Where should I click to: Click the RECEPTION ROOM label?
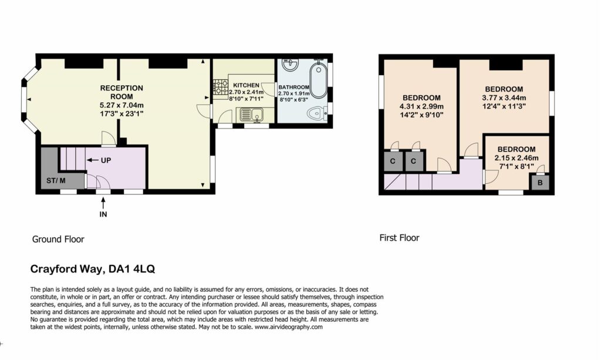121,92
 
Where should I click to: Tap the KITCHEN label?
246,85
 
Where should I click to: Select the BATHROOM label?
293,87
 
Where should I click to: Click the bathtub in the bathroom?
318,79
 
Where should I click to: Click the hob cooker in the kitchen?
221,87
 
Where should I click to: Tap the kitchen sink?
252,114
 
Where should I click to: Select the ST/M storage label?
56,180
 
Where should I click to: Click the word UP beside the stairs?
106,160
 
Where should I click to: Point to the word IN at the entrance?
103,214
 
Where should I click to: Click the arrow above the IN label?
103,203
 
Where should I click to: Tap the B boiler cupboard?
540,183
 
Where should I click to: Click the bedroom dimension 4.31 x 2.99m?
421,106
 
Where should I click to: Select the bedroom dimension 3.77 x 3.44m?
504,97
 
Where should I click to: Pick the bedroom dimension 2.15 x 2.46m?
516,158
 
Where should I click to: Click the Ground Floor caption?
58,239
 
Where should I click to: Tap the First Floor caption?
399,238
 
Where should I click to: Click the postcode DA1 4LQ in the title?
132,269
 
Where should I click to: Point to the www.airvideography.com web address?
289,327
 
